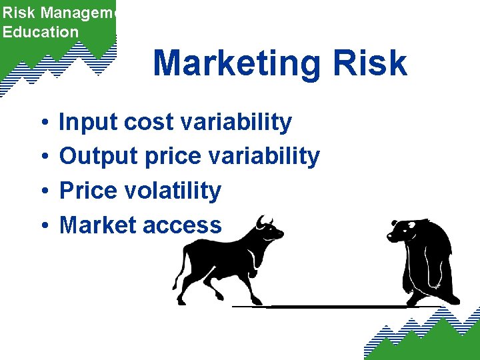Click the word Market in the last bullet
click(97, 225)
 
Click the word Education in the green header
click(41, 31)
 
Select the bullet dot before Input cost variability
click(42, 123)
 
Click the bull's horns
click(265, 221)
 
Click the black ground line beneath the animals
click(333, 307)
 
